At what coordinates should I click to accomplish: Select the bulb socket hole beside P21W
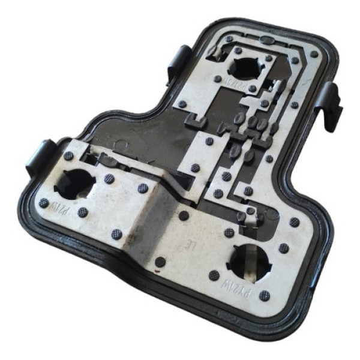point(74,182)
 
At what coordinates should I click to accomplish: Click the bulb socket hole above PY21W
point(248,261)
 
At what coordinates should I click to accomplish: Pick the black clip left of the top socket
point(178,61)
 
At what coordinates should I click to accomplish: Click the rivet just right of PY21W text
point(265,295)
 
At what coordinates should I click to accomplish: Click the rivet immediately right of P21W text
point(83,212)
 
